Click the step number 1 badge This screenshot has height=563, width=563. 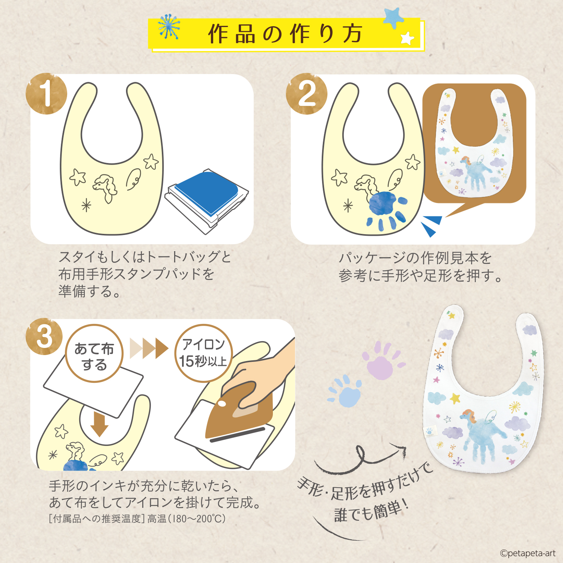point(46,93)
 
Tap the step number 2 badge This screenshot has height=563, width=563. point(306,93)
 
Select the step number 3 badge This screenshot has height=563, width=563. point(44,336)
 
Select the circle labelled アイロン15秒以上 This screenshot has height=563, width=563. point(203,353)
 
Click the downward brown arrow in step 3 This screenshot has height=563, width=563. point(99,424)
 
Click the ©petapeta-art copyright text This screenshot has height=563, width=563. point(527,553)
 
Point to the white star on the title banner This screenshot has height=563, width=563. point(407,38)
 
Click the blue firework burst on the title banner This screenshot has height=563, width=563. point(169,27)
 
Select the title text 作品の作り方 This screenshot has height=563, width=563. point(285,34)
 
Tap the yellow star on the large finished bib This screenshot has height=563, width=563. point(455,398)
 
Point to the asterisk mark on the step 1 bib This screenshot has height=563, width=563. point(86,206)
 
